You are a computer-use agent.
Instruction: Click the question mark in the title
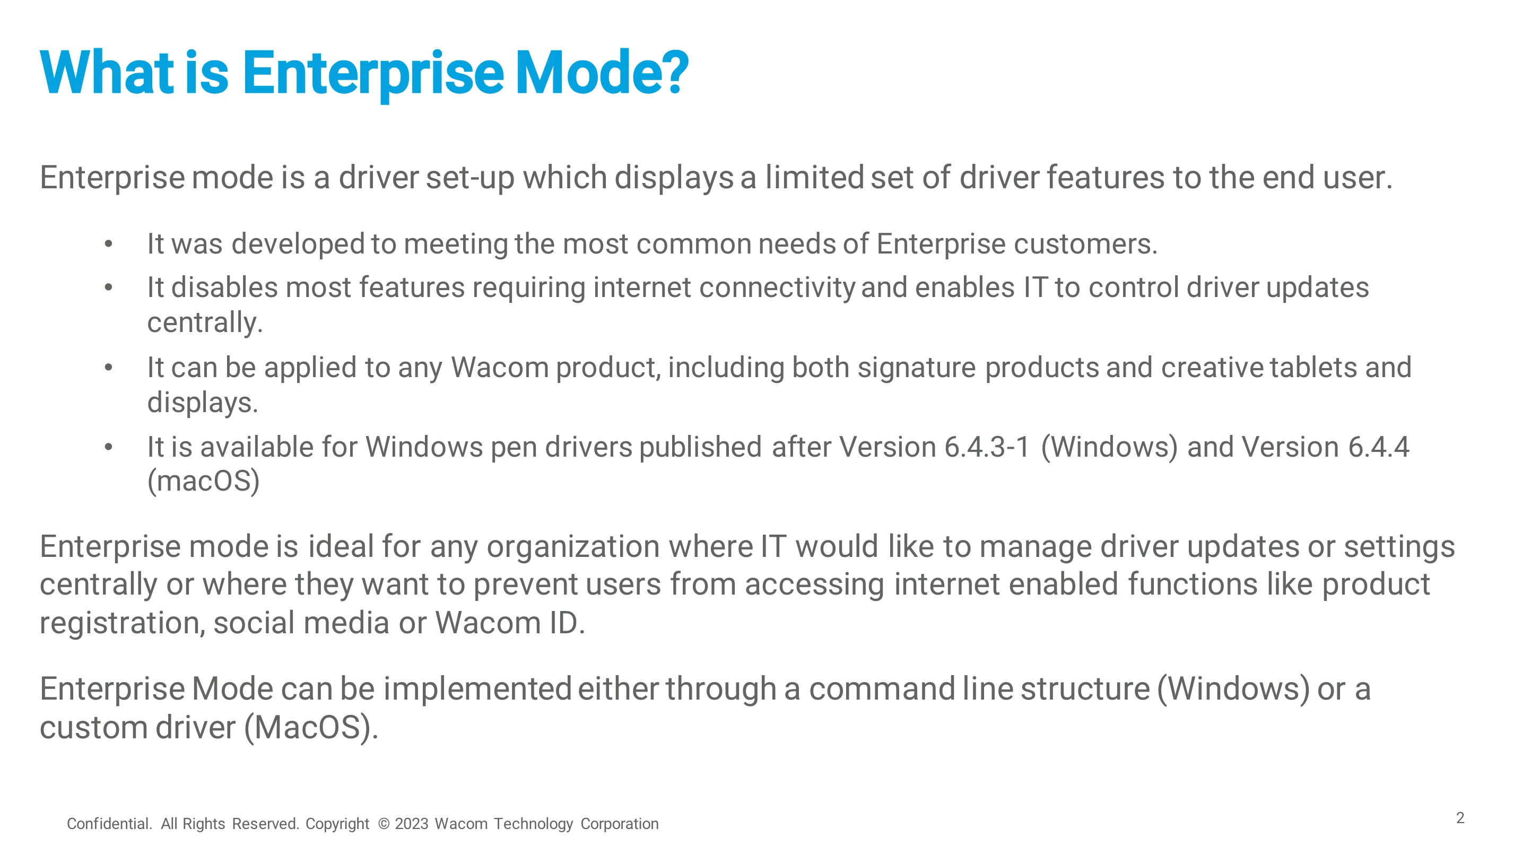[x=673, y=73]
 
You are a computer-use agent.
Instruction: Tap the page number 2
[x=1460, y=818]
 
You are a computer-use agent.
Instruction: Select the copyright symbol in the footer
[x=384, y=824]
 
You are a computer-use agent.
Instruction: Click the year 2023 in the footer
[x=411, y=824]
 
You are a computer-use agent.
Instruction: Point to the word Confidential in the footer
[x=109, y=824]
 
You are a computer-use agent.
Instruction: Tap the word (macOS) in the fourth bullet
[x=203, y=481]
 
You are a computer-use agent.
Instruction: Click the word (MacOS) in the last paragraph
[x=311, y=728]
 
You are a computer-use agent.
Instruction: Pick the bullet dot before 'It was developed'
[x=108, y=244]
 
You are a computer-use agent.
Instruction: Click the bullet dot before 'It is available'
[x=108, y=448]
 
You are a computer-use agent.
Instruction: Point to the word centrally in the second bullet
[x=204, y=323]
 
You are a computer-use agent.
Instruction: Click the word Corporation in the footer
[x=619, y=824]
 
